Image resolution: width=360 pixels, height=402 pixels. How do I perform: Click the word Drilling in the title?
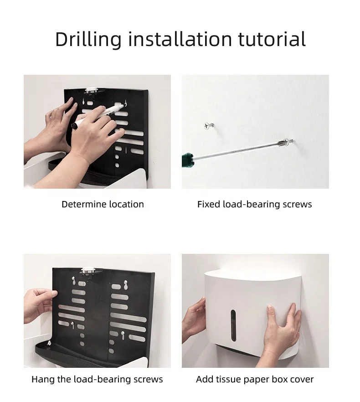[88, 39]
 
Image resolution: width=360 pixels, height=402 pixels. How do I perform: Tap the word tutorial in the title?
[272, 39]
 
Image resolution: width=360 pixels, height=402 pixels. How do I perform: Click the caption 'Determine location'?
[103, 204]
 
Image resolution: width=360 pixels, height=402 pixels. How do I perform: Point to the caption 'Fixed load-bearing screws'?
[255, 204]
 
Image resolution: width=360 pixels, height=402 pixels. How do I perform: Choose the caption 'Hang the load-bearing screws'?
[97, 379]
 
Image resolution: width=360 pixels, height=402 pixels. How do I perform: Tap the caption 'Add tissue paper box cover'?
[255, 379]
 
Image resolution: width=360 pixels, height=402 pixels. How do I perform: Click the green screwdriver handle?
[187, 160]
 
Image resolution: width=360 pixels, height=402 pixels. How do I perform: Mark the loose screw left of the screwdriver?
[209, 125]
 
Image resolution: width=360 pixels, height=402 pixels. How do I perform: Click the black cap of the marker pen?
[76, 125]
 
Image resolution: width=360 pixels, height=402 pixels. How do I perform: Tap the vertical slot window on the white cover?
[233, 325]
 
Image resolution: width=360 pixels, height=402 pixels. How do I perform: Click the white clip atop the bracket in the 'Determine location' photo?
[91, 91]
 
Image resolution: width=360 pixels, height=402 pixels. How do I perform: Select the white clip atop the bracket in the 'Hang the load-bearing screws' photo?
[87, 271]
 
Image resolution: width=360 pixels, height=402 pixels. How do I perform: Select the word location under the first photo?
[126, 204]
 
